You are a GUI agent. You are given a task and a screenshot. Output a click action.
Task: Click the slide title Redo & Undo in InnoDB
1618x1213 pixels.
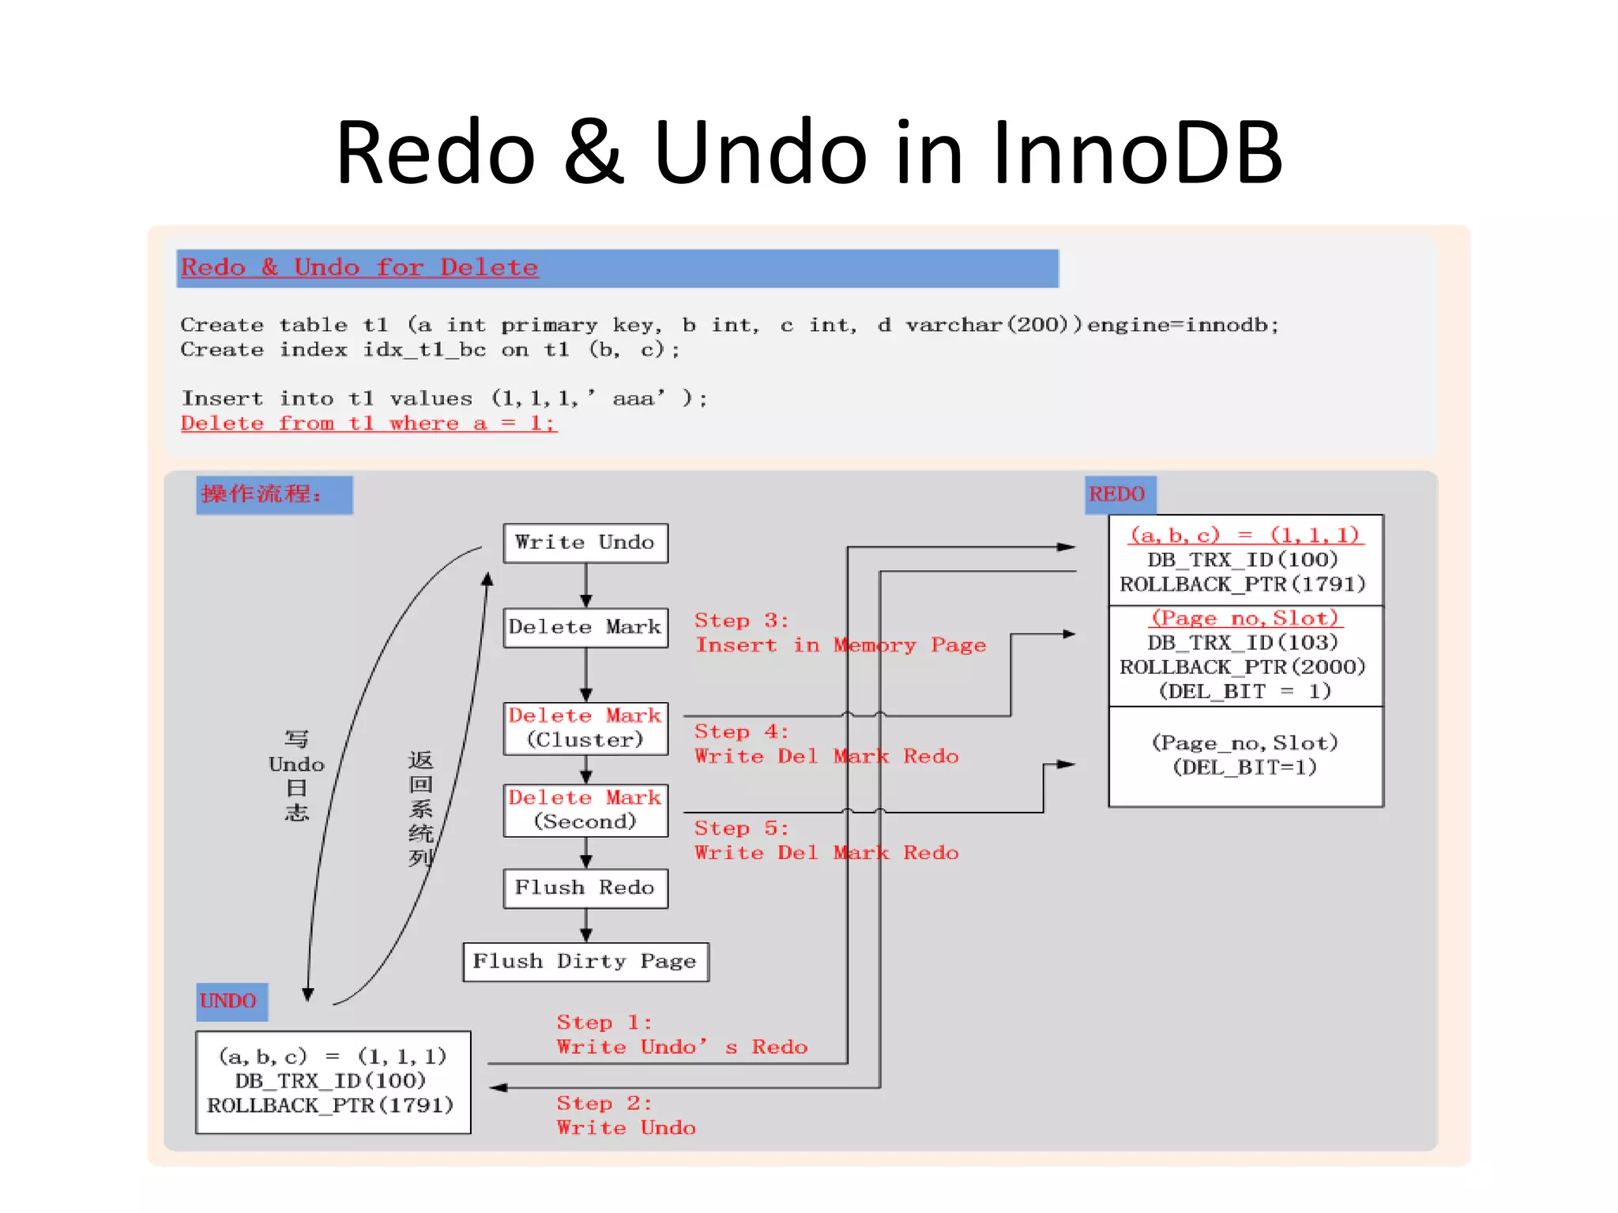click(x=809, y=152)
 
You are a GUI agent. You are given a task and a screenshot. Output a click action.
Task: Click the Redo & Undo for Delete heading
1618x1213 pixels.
click(x=359, y=268)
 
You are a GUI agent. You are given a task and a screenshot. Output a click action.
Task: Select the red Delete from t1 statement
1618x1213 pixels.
click(x=369, y=423)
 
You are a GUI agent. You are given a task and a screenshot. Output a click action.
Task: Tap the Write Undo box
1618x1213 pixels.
click(x=585, y=543)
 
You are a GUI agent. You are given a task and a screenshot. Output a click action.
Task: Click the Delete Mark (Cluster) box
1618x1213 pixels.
click(x=585, y=728)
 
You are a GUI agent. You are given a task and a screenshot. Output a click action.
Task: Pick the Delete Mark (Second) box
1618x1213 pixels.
click(x=585, y=810)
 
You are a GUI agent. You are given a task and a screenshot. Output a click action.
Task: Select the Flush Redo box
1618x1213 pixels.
click(x=585, y=888)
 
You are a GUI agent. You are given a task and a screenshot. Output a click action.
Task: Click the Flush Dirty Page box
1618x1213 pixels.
click(x=585, y=962)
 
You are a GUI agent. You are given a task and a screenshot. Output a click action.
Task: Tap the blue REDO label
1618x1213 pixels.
click(x=1119, y=495)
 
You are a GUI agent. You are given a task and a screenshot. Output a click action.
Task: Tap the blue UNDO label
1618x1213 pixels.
click(x=230, y=1001)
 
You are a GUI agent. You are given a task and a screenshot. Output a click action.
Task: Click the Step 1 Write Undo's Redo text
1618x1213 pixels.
click(x=681, y=1035)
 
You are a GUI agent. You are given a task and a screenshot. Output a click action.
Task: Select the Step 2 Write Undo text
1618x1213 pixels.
click(x=626, y=1116)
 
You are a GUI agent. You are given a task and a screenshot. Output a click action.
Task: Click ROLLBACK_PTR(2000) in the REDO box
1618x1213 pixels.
click(x=1243, y=667)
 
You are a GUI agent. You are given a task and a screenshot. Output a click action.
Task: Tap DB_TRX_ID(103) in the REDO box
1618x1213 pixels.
click(x=1243, y=643)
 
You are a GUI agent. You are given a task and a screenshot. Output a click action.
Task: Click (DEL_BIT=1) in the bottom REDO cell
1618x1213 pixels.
click(x=1244, y=768)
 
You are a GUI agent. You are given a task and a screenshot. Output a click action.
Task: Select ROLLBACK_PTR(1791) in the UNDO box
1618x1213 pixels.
click(x=330, y=1106)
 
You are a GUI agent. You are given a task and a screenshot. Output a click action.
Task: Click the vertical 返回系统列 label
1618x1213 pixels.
click(x=420, y=809)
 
